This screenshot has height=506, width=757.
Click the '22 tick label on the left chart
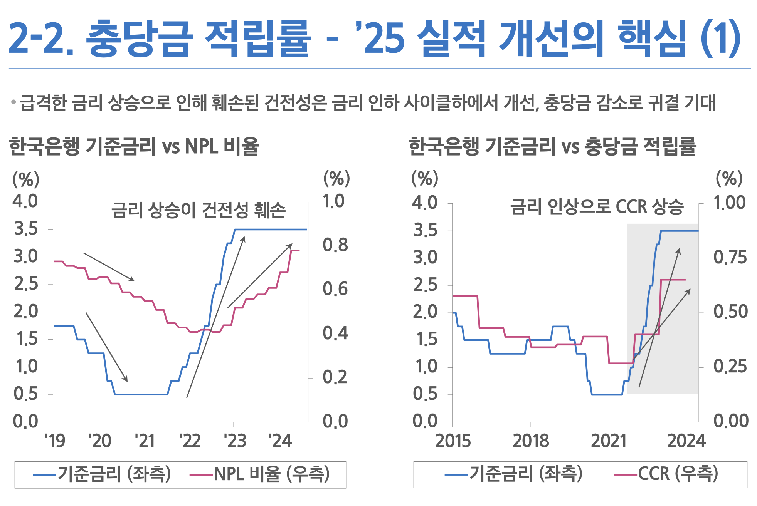coord(190,441)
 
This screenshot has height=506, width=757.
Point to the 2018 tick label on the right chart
coord(531,441)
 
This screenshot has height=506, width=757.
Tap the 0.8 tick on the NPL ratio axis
coord(335,245)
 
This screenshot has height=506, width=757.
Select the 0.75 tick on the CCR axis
coord(730,257)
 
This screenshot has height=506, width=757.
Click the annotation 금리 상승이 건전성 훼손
coord(199,210)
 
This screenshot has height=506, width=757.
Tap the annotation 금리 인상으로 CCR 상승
coord(597,207)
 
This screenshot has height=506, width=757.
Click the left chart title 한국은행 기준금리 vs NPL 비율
coord(134,147)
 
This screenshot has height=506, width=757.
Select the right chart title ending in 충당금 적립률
coord(552,147)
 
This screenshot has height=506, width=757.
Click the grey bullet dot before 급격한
coord(13,102)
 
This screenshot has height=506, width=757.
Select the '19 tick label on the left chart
coord(54,441)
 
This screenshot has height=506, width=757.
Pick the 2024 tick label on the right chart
coord(686,441)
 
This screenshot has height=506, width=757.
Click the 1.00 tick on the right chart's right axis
coord(729,203)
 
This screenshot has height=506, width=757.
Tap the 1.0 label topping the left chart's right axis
coord(333,201)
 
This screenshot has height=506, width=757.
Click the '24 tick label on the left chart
coord(280,441)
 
